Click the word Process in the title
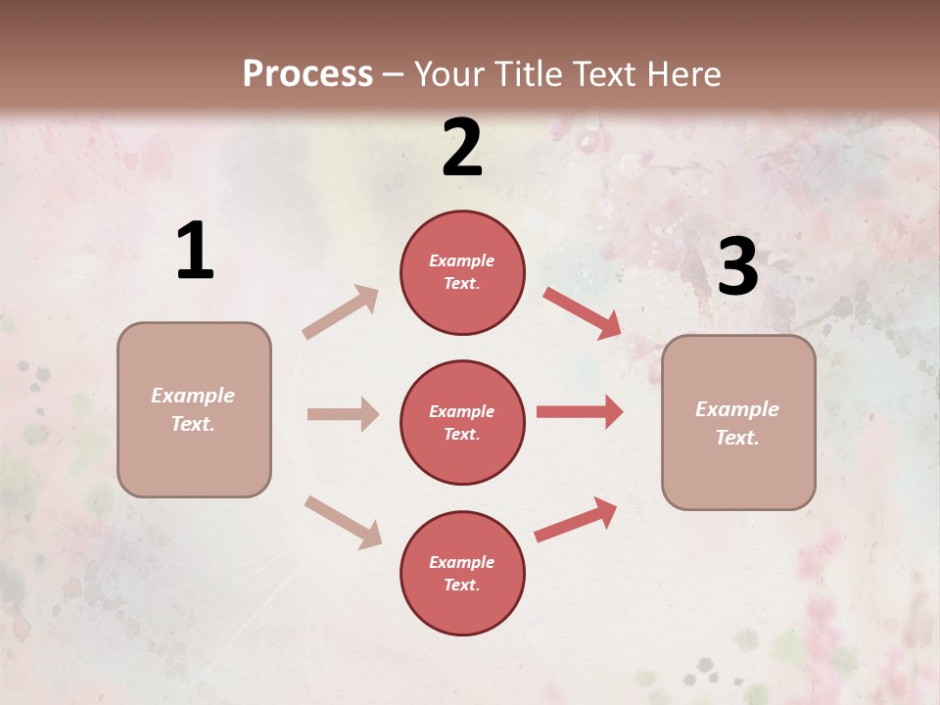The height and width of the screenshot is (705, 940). [307, 74]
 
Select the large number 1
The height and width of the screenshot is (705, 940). [195, 252]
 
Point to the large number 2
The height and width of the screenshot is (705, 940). [462, 148]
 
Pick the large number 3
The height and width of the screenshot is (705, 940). [737, 267]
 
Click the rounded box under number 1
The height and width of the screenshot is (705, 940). [194, 409]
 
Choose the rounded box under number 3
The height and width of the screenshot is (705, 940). [738, 422]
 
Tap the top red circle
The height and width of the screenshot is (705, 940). [462, 272]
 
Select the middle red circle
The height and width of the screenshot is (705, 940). [462, 422]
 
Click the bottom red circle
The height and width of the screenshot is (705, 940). [462, 573]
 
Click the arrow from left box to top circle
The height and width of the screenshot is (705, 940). [341, 312]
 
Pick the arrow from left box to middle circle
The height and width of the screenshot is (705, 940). [343, 414]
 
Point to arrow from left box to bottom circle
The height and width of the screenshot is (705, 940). [343, 522]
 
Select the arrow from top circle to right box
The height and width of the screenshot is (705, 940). [583, 313]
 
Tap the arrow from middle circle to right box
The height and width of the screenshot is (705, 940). [580, 412]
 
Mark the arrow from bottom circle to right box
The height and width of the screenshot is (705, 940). [576, 519]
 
